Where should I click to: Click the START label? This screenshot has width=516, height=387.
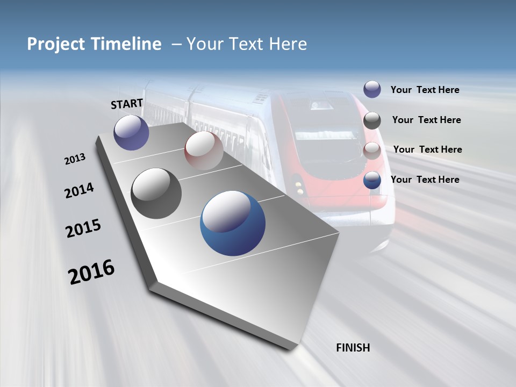127,104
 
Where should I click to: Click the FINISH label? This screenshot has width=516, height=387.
353,348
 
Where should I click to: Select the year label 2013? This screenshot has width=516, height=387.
75,159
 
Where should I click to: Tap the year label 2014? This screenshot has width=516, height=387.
79,191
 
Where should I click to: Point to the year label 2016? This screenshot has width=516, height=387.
91,272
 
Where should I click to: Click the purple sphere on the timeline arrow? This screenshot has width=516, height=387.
131,132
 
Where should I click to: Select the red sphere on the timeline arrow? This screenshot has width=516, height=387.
204,150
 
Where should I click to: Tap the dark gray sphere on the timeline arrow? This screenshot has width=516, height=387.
156,193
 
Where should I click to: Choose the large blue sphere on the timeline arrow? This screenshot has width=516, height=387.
233,223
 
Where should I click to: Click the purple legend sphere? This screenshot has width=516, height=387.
372,90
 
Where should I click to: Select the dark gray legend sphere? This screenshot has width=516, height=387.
372,120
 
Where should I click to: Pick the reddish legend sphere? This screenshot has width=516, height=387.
372,150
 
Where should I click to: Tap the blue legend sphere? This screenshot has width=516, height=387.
372,180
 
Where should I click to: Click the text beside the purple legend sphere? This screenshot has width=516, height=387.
425,90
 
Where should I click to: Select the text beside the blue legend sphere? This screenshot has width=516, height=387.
425,180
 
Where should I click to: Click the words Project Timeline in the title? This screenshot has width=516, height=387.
94,44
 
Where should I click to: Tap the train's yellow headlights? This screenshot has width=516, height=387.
298,187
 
